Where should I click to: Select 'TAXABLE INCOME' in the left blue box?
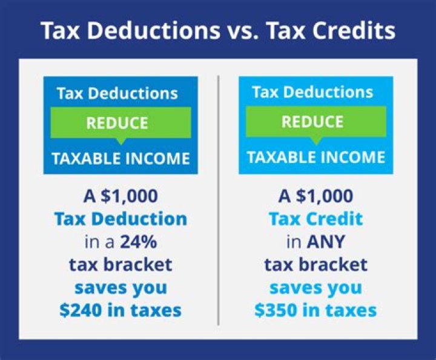(121, 159)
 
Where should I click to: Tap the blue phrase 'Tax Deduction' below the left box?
(121, 219)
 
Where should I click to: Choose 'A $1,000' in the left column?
(121, 196)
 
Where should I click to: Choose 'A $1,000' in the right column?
(315, 196)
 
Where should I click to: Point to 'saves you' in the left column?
(121, 287)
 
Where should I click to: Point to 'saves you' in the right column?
(315, 287)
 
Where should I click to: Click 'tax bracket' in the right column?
(315, 265)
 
